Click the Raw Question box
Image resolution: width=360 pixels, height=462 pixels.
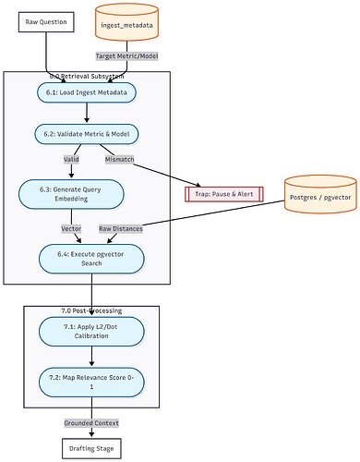click(x=46, y=20)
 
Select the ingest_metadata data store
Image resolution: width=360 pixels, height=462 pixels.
click(x=132, y=26)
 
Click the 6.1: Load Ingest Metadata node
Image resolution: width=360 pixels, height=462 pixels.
click(x=88, y=92)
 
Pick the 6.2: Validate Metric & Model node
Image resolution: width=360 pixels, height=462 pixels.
click(x=88, y=134)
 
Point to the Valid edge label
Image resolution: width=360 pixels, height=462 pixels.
click(x=70, y=160)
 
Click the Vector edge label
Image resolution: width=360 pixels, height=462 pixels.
click(x=71, y=227)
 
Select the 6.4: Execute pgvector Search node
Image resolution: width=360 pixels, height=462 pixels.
click(x=91, y=258)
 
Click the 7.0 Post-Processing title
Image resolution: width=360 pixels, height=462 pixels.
click(x=91, y=310)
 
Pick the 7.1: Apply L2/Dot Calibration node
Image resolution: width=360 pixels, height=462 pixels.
click(x=91, y=330)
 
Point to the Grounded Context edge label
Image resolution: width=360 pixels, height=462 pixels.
click(x=91, y=422)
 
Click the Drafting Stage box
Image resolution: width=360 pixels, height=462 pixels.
click(x=91, y=449)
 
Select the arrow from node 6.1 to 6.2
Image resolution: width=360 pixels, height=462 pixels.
click(x=88, y=113)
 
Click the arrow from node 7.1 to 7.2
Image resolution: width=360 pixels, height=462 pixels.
click(x=91, y=355)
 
